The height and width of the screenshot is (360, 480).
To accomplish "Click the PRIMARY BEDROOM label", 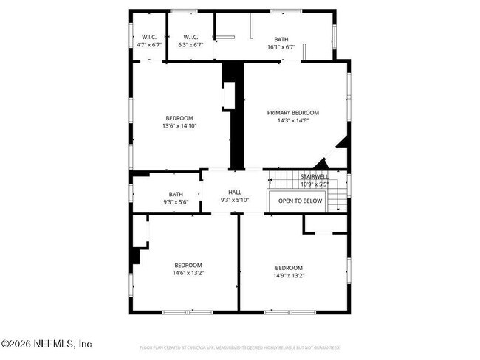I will [x=293, y=113].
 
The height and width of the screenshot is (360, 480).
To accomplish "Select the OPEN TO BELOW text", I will [x=301, y=201].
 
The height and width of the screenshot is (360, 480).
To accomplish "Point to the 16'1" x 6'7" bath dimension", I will [x=281, y=46].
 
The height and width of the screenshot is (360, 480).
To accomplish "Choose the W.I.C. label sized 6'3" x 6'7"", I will [x=191, y=37].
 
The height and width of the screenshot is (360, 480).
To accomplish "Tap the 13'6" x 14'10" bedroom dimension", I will [x=179, y=126].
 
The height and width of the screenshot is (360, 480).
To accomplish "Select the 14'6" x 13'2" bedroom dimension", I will [x=188, y=273].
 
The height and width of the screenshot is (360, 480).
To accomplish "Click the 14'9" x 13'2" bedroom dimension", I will [x=289, y=276].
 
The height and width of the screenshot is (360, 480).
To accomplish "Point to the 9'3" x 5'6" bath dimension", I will [x=176, y=202].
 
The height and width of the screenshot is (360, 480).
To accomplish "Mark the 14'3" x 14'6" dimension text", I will [x=293, y=121].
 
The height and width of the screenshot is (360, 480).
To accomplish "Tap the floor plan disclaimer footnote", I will [x=239, y=347].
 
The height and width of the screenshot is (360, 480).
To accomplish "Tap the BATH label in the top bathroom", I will [x=281, y=39].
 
